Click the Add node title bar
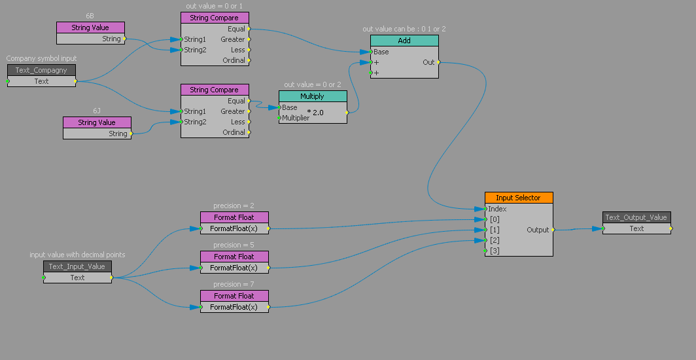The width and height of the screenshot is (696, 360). point(404,41)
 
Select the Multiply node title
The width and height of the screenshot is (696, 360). point(312,96)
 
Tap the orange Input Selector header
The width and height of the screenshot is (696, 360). point(518,198)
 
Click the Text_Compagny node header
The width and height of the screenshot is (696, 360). point(41,70)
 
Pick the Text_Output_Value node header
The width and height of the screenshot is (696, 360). point(636,217)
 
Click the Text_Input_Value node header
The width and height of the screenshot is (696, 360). point(77,266)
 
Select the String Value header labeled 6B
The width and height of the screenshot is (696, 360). point(90,27)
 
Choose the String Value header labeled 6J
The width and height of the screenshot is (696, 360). point(97,122)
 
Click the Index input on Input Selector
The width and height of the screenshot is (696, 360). point(497,209)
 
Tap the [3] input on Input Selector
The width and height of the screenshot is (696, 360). point(495,251)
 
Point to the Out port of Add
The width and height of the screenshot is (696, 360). point(429,62)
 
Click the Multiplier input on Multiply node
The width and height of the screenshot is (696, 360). point(295,118)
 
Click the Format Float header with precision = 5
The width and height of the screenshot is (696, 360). point(234,257)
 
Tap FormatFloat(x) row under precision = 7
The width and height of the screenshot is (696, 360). point(234,307)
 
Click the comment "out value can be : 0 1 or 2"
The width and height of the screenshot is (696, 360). point(404,29)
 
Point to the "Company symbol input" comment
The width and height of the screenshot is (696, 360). point(41,59)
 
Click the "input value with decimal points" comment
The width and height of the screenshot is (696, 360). point(77,255)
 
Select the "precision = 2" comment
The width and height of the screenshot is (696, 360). point(234,206)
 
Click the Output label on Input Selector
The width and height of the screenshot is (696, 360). point(538,230)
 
